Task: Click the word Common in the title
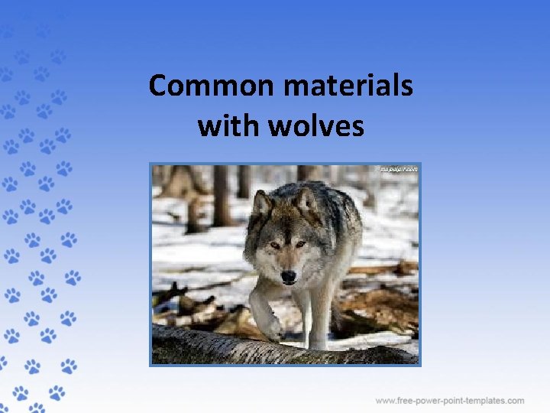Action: pyautogui.click(x=213, y=86)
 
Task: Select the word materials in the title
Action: pyautogui.click(x=348, y=86)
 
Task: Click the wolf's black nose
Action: pyautogui.click(x=288, y=275)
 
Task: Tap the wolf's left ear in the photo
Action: pyautogui.click(x=262, y=204)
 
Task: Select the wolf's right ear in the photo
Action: pyautogui.click(x=308, y=200)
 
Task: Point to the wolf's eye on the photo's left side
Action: pyautogui.click(x=273, y=245)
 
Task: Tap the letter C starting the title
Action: pyautogui.click(x=158, y=86)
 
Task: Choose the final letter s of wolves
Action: pyautogui.click(x=357, y=126)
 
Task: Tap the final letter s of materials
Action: pyautogui.click(x=406, y=86)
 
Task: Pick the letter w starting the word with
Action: pyautogui.click(x=207, y=126)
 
